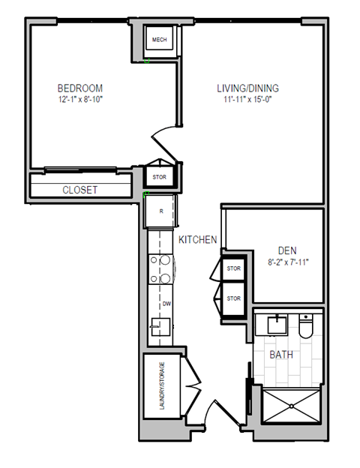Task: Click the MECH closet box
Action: tap(159, 40)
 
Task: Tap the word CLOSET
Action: tap(79, 190)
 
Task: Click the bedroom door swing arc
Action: tap(163, 137)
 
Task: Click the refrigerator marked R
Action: tap(160, 210)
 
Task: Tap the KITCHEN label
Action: tap(198, 239)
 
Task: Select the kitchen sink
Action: tap(160, 327)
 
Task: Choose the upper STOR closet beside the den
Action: tap(234, 268)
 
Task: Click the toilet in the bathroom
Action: tap(305, 326)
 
